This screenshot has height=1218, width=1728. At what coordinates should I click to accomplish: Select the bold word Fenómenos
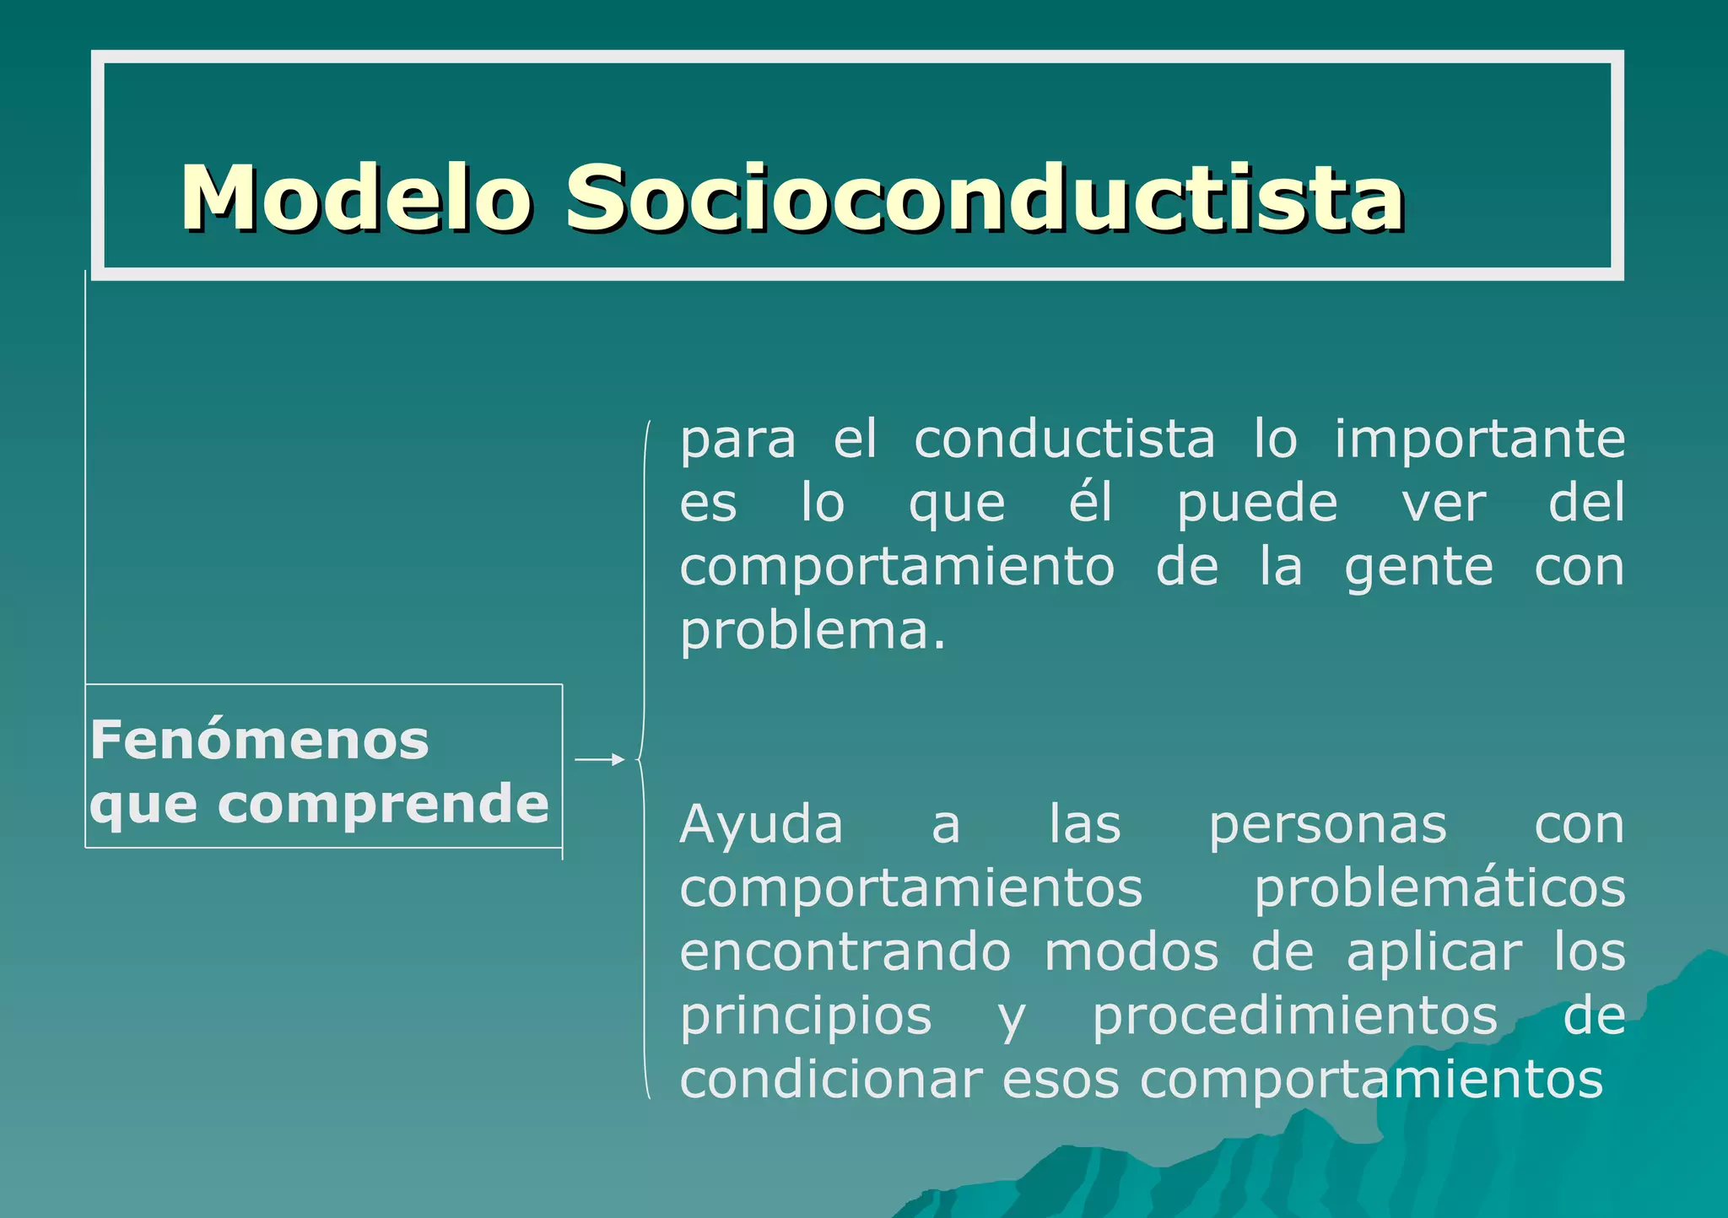pyautogui.click(x=260, y=740)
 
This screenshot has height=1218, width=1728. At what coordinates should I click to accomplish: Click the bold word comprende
pyautogui.click(x=383, y=803)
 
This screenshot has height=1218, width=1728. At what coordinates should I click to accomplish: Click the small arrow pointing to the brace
pyautogui.click(x=599, y=760)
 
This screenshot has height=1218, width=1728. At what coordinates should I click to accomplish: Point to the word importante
pyautogui.click(x=1479, y=440)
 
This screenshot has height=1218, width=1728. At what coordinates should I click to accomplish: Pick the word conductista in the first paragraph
pyautogui.click(x=1064, y=440)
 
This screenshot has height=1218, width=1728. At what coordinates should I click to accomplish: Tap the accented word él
pyautogui.click(x=1091, y=503)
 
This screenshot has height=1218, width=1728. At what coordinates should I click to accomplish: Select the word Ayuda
pyautogui.click(x=761, y=825)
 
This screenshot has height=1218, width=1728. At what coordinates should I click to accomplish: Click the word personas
pyautogui.click(x=1328, y=825)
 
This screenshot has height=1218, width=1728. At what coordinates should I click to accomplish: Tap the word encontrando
pyautogui.click(x=845, y=952)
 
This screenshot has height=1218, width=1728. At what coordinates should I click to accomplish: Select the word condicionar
pyautogui.click(x=830, y=1080)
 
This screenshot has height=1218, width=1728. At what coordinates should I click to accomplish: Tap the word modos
pyautogui.click(x=1131, y=952)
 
